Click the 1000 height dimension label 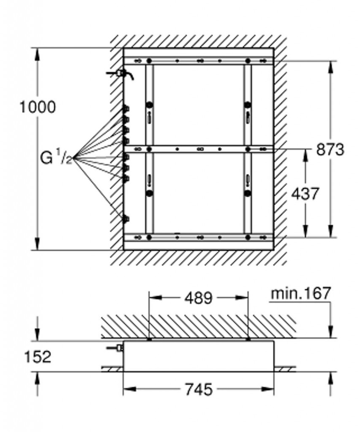[x=38, y=107]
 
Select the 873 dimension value [x=330, y=150]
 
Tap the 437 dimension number [x=305, y=194]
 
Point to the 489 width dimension [x=199, y=298]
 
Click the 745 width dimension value [x=199, y=389]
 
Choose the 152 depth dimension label [x=38, y=357]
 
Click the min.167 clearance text [x=300, y=293]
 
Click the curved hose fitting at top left [x=121, y=74]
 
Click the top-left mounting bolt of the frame [x=149, y=61]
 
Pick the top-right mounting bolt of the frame [x=248, y=61]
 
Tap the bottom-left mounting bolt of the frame [x=149, y=237]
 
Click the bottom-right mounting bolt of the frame [x=248, y=237]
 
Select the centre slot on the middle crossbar [x=200, y=149]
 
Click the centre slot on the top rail [x=200, y=61]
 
